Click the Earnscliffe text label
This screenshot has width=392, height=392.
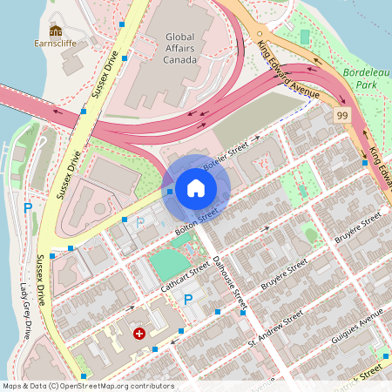tap(57, 42)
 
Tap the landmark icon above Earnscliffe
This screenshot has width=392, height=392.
tap(57, 30)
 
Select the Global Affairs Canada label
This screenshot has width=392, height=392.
tap(179, 47)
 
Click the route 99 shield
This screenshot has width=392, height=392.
tap(342, 115)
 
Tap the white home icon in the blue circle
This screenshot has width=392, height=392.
tap(196, 187)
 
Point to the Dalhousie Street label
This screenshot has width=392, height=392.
tap(229, 284)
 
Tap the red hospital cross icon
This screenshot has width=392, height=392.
tap(139, 334)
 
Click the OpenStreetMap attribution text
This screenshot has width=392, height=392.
tap(88, 386)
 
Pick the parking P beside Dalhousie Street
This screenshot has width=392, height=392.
tap(187, 301)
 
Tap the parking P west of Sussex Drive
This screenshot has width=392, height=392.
tap(28, 208)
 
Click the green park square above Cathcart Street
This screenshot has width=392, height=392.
tap(169, 264)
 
